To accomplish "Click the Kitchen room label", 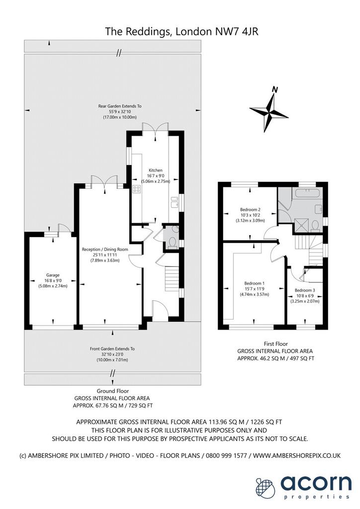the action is pyautogui.click(x=156, y=170).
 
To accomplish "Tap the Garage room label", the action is pyautogui.click(x=53, y=275).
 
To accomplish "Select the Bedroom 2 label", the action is pyautogui.click(x=250, y=210).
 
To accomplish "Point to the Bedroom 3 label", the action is pyautogui.click(x=305, y=290).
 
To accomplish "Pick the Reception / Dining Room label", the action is pyautogui.click(x=105, y=250).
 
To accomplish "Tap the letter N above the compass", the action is pyautogui.click(x=275, y=89).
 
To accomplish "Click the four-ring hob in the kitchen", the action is pyautogui.click(x=136, y=189).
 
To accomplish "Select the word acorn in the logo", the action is pyautogui.click(x=316, y=483).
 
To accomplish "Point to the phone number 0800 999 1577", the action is pyautogui.click(x=225, y=455).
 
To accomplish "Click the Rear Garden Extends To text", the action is pyautogui.click(x=120, y=106).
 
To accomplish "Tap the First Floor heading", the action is pyautogui.click(x=275, y=344).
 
